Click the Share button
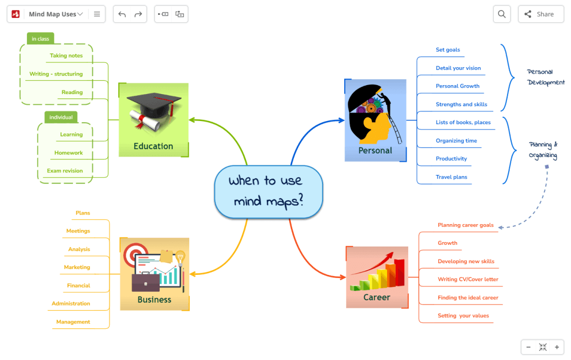pos(541,14)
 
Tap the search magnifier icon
pos(502,14)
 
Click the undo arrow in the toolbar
pos(122,14)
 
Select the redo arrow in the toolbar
pos(138,14)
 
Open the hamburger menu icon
pos(97,14)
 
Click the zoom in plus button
pos(557,347)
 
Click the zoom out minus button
pos(528,347)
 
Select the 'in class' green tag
pos(40,39)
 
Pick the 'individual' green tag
pos(61,117)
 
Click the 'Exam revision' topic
pos(65,171)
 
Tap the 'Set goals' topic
pos(448,50)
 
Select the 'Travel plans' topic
pos(452,177)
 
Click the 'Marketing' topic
pos(77,267)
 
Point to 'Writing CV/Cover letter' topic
pos(468,279)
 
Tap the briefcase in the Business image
pos(146,282)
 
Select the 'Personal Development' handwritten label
pos(546,77)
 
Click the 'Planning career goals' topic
pos(466,225)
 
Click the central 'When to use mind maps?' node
pos(269,192)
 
